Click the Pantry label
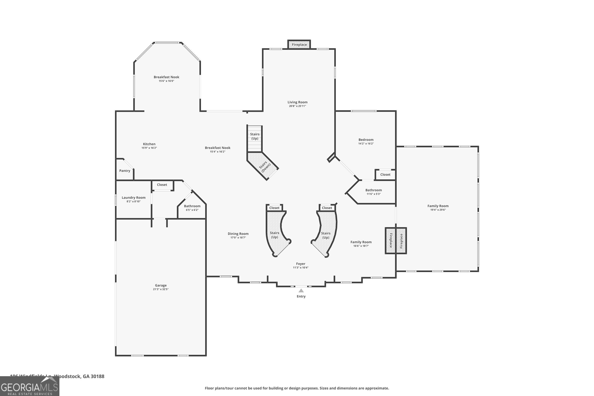coord(125,171)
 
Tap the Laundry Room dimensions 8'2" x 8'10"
coord(133,202)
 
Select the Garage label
coord(161,285)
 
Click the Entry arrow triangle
coord(301,291)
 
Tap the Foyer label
coord(301,264)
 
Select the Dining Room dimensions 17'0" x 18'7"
coord(238,238)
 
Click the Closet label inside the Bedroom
coord(385,174)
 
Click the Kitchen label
coord(149,144)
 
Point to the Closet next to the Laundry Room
coord(162,185)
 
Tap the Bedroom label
coord(366,140)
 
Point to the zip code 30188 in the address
coord(97,376)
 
